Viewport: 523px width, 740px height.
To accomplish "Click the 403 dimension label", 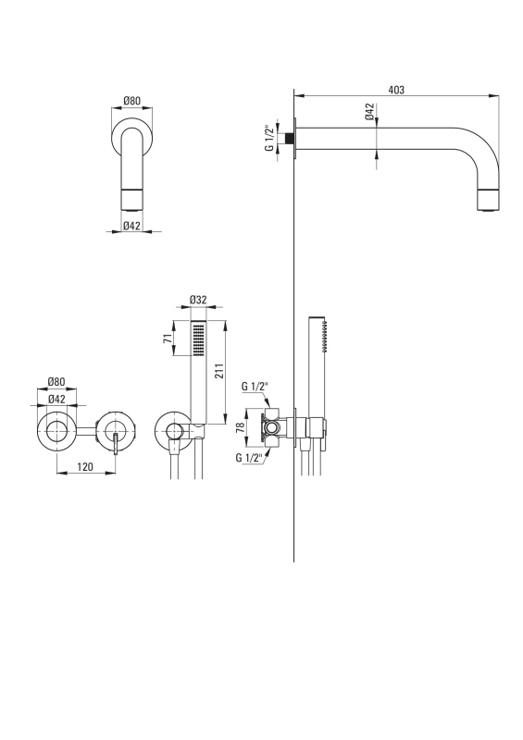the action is click(x=396, y=90).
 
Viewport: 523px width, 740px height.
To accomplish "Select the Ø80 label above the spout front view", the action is click(x=131, y=101).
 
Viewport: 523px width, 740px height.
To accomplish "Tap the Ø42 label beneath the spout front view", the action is click(x=131, y=226).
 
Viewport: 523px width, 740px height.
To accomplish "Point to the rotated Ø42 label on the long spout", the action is click(x=369, y=111).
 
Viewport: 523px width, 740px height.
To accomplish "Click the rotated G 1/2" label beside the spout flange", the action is click(x=268, y=138).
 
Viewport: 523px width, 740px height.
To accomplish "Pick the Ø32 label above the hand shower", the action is click(x=198, y=300).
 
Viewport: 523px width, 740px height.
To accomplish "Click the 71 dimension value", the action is click(x=168, y=338).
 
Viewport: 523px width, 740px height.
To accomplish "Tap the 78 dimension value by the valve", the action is click(x=240, y=427).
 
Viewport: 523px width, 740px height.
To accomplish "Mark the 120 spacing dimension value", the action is click(x=84, y=467).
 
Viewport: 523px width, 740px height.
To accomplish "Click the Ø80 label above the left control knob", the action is click(x=56, y=381).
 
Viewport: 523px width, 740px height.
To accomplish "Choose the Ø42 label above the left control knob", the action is click(x=56, y=400).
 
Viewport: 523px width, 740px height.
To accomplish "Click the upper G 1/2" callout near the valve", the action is click(x=255, y=387).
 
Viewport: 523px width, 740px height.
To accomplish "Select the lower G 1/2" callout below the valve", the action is click(x=249, y=457).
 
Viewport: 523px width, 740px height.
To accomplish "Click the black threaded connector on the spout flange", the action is click(x=289, y=138).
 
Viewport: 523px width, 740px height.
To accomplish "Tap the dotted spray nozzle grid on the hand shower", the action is click(x=198, y=338).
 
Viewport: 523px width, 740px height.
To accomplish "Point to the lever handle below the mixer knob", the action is click(x=115, y=445).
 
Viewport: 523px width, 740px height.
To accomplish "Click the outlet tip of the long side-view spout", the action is click(x=489, y=209).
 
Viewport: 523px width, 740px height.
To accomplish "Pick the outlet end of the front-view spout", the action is click(x=131, y=210).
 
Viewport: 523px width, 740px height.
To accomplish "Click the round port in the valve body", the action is click(x=271, y=428).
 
